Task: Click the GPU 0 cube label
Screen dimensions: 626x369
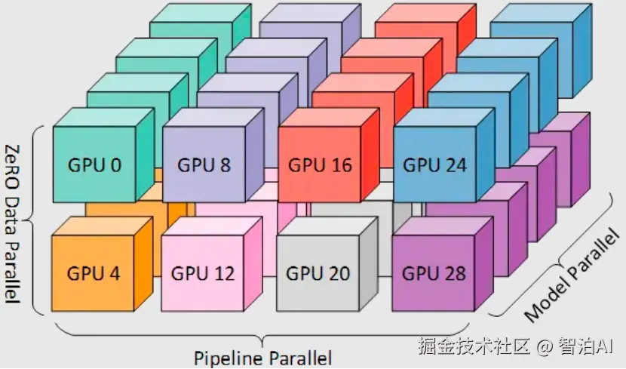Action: [94, 165]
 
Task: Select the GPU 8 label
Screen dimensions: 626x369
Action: [204, 165]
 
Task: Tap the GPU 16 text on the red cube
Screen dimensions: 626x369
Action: [321, 165]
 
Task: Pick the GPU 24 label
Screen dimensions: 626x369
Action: [434, 165]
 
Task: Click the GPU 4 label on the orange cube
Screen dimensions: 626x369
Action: [94, 274]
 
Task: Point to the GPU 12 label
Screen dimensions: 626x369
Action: [203, 274]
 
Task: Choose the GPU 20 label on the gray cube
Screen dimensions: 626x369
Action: [318, 274]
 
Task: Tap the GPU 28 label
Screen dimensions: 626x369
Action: [434, 274]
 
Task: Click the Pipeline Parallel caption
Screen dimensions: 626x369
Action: [262, 358]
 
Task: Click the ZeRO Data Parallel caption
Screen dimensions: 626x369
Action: [13, 224]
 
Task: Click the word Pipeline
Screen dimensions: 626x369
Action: [228, 358]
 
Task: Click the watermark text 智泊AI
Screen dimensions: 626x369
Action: [585, 346]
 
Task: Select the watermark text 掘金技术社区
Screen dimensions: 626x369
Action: [474, 346]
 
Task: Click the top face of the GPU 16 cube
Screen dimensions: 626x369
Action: [329, 118]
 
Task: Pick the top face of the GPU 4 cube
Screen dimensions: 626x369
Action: [102, 226]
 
